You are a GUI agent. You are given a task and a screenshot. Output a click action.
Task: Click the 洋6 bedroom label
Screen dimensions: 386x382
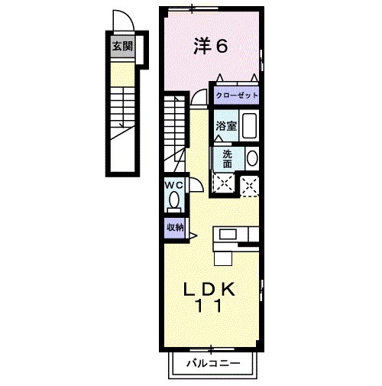[x=211, y=47]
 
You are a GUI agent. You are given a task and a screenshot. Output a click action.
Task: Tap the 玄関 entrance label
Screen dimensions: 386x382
[x=122, y=46]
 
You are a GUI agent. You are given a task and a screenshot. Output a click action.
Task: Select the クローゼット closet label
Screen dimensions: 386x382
[x=237, y=96]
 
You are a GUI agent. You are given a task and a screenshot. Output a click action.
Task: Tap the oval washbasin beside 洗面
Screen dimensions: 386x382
[x=252, y=158]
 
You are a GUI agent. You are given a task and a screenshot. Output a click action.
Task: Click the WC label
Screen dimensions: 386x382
[x=172, y=185]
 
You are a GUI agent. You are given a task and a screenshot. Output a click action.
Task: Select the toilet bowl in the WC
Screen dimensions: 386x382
[x=174, y=200]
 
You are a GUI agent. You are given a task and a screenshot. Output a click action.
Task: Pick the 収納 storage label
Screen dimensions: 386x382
[x=174, y=227]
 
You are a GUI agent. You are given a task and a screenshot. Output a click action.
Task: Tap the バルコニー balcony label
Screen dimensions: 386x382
[x=213, y=364]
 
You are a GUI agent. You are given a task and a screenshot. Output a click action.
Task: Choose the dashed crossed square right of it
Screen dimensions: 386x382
[x=250, y=184]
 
